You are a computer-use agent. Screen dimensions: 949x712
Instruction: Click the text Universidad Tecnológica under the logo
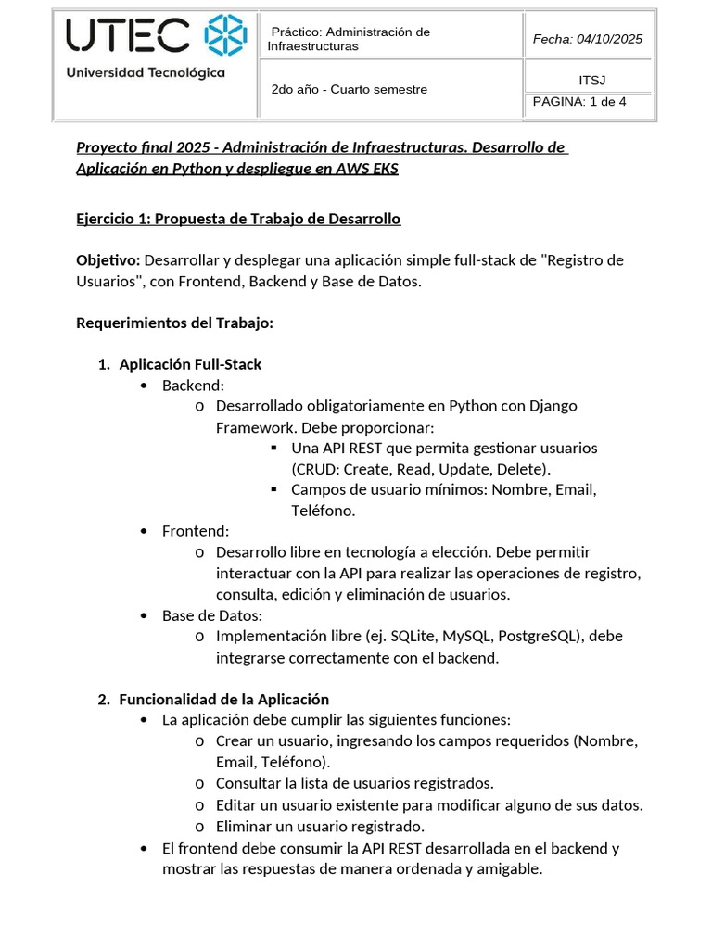coord(146,73)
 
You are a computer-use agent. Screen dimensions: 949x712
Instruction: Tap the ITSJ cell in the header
coord(591,80)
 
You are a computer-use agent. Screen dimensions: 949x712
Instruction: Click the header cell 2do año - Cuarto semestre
coord(349,90)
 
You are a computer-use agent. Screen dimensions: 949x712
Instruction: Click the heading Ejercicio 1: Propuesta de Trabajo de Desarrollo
coord(238,219)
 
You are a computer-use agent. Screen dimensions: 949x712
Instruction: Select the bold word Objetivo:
coord(108,260)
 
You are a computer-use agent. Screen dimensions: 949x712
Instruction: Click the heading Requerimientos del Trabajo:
coord(174,323)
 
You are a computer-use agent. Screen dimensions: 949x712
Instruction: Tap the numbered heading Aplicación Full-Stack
coord(190,364)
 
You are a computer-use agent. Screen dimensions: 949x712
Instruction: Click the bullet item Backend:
coord(193,385)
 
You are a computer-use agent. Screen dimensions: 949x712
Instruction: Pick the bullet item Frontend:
coord(195,531)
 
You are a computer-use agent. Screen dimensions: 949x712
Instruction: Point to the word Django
coord(553,406)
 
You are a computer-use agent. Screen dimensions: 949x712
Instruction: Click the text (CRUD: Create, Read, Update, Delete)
coord(421,468)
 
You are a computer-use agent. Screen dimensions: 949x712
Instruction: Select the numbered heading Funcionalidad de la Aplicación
coord(223,699)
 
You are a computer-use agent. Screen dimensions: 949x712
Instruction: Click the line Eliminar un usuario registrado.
coord(320,826)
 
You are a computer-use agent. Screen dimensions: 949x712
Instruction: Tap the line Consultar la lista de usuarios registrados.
coord(354,783)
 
